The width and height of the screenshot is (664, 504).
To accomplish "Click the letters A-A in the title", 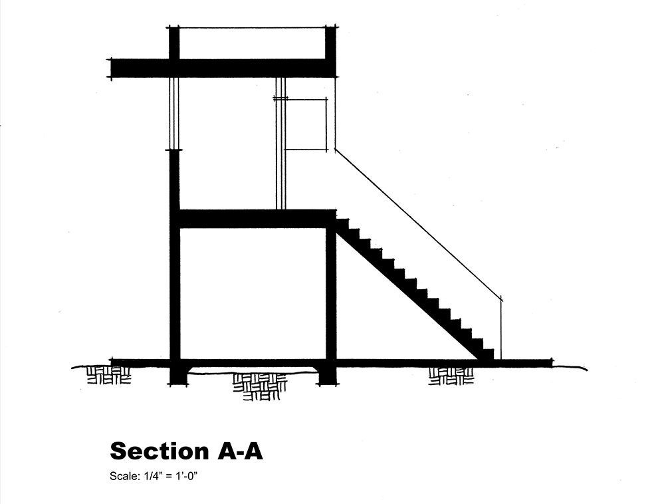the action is pos(239,451).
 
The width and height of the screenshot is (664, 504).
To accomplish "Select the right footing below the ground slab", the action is pos(327,376).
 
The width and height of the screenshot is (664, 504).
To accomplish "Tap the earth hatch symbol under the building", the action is pos(259,386).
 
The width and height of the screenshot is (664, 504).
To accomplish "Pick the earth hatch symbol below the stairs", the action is pos(451,376).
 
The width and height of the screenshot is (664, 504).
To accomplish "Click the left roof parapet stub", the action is pos(174,43).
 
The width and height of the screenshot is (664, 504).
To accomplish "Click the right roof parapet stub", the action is pos(330,43).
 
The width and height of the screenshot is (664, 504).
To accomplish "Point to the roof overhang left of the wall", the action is pos(140,68).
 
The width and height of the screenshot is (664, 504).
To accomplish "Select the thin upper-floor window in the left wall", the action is pos(174,113).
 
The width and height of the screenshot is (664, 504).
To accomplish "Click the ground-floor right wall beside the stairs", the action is pos(330,293).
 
